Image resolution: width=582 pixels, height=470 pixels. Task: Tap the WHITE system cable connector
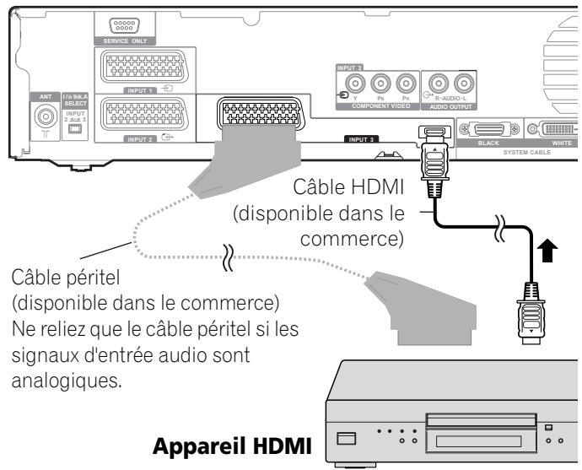[557, 131]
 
